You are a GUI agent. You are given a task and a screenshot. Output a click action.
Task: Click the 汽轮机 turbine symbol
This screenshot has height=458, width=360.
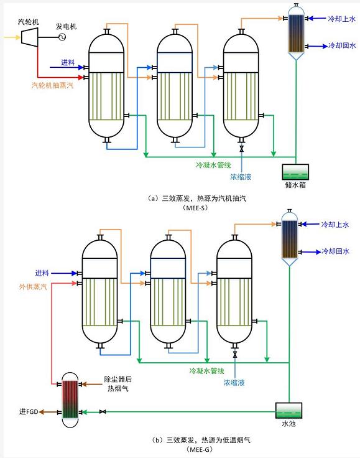tap(29, 37)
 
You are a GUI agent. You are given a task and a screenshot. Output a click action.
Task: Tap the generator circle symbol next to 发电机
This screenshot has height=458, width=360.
tap(62, 37)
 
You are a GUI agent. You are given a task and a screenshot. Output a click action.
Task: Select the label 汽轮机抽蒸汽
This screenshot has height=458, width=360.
tap(52, 85)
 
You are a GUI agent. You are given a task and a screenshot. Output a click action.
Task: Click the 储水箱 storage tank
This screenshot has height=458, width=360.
tap(295, 172)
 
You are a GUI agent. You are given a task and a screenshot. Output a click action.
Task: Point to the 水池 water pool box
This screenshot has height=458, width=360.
tap(288, 410)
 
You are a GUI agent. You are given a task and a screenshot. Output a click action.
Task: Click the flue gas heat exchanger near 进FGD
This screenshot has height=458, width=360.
tap(70, 400)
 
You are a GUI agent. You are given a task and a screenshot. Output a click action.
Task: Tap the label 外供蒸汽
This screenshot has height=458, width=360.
tap(33, 287)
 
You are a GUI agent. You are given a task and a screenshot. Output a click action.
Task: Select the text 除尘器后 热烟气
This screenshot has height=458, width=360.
tap(118, 383)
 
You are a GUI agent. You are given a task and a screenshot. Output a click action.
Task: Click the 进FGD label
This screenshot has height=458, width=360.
tap(29, 411)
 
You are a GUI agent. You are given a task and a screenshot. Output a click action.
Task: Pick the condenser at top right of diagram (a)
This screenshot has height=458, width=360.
tap(296, 32)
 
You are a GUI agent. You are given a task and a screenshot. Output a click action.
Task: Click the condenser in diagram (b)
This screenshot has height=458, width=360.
tap(289, 238)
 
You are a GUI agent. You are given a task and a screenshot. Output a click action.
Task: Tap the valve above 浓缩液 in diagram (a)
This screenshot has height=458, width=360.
tap(242, 149)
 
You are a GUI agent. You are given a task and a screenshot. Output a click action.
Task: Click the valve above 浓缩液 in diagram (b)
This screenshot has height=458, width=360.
tap(235, 355)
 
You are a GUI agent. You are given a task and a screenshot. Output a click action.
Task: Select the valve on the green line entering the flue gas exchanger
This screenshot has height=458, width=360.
tap(103, 411)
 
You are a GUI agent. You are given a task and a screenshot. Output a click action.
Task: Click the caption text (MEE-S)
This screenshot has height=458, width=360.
tap(195, 208)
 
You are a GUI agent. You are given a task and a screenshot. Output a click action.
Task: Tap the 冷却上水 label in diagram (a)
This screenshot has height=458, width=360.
tap(341, 19)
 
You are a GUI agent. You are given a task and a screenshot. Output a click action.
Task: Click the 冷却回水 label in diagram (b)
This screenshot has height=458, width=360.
tap(335, 251)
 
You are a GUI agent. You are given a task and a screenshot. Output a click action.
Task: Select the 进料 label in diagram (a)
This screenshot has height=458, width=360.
tap(68, 62)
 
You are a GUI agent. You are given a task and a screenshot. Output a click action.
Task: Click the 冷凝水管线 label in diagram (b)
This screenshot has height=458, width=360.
tap(206, 371)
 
